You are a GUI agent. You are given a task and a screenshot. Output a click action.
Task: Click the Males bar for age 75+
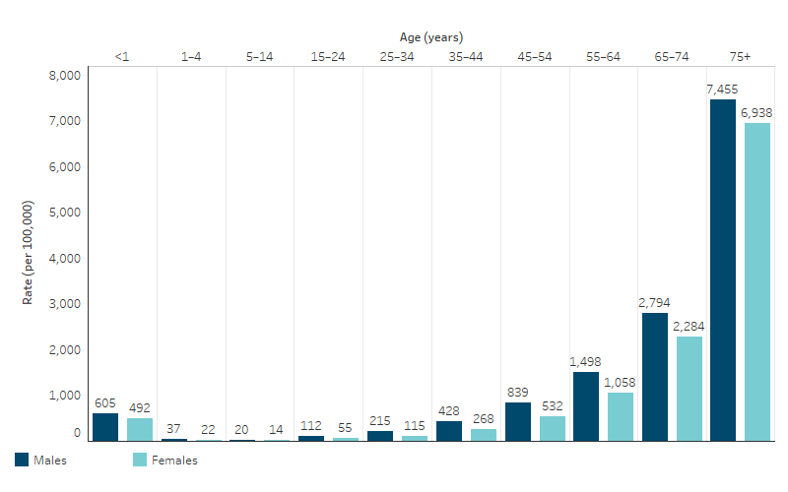point(722,270)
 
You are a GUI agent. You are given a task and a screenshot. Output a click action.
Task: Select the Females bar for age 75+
point(756,281)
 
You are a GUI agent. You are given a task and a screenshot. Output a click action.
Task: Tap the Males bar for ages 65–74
point(654,376)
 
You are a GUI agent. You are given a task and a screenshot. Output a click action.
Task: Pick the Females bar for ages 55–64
point(620,416)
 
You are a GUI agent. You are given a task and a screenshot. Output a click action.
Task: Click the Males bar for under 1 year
point(105,426)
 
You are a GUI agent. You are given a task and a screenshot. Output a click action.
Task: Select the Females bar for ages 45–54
point(552,428)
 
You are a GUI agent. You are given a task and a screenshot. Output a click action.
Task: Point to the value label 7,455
point(722,89)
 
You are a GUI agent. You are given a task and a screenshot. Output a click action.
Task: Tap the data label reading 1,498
point(585,361)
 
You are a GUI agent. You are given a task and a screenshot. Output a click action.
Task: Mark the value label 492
point(139,407)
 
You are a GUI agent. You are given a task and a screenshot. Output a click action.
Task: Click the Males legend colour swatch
point(22,460)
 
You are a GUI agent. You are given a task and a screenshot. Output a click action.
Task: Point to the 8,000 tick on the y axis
point(64,76)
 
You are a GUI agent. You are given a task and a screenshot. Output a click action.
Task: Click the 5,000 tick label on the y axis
point(64,213)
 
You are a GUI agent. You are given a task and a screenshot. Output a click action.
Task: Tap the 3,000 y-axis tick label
point(64,304)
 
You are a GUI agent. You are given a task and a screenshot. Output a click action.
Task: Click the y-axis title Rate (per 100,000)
point(29,252)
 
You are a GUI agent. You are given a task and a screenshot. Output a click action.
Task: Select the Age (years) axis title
point(429,36)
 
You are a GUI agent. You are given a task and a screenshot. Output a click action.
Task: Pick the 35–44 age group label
point(465,57)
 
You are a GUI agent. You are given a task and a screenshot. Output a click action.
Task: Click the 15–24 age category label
point(328,57)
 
